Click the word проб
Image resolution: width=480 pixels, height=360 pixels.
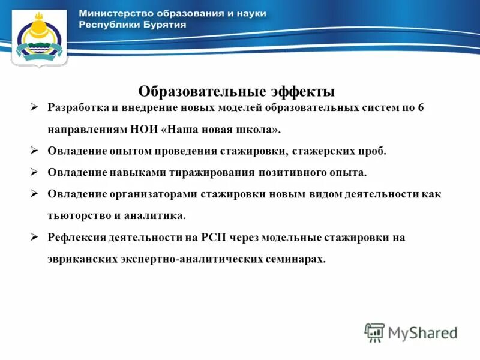coord(375,151)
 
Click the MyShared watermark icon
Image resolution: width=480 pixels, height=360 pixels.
coord(374,332)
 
